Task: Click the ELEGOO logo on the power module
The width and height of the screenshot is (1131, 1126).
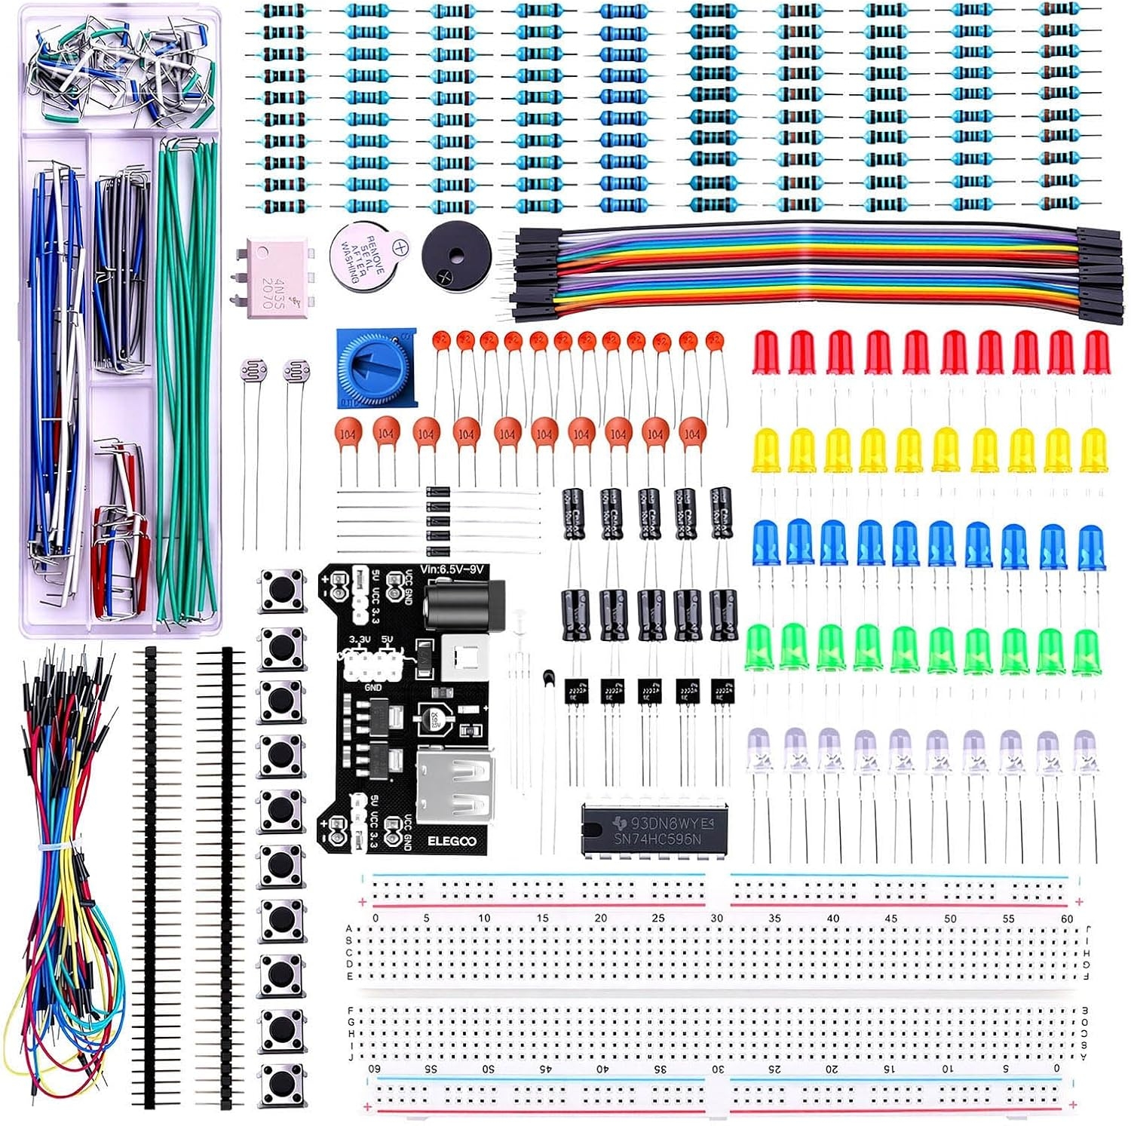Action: click(452, 841)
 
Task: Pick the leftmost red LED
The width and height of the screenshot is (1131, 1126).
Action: click(765, 352)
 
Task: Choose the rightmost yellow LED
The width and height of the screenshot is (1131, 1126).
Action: click(1093, 450)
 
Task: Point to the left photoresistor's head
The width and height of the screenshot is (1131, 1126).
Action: click(250, 370)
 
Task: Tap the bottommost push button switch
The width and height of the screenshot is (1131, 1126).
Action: click(280, 1085)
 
